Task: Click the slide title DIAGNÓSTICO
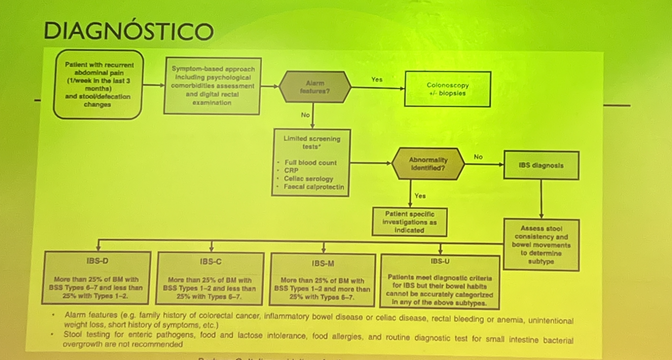click(x=128, y=31)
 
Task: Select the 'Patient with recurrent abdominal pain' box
click(x=98, y=84)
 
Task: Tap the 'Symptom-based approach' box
click(x=212, y=85)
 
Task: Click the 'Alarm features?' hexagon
click(x=315, y=87)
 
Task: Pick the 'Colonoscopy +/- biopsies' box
click(x=447, y=89)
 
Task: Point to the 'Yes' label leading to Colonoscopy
click(x=377, y=79)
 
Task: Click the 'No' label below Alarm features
click(x=305, y=115)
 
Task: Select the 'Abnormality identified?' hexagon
click(x=428, y=164)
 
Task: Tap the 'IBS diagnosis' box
click(x=541, y=165)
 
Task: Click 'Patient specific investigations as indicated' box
click(x=409, y=222)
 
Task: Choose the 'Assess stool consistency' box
click(x=542, y=245)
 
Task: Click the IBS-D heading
click(x=97, y=261)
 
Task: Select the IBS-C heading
click(x=210, y=261)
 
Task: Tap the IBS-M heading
click(x=323, y=263)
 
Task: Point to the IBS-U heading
click(x=440, y=261)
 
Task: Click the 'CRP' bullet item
click(x=291, y=171)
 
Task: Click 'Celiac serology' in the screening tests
click(x=308, y=179)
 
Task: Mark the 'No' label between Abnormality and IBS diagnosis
click(x=478, y=157)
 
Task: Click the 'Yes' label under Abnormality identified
click(x=420, y=195)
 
